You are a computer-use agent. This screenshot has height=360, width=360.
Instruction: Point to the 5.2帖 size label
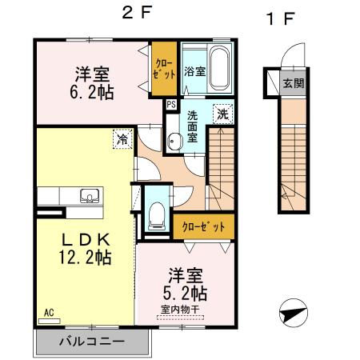coord(186,291)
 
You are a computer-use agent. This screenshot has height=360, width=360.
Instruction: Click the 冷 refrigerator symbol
coord(122,139)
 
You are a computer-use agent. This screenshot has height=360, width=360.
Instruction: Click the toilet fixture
coord(156,213)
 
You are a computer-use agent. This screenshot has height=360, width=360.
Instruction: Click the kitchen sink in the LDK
coord(88,195)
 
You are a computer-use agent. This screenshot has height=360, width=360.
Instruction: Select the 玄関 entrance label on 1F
coord(292,83)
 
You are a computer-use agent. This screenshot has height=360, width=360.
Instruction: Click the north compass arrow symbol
coord(294,310)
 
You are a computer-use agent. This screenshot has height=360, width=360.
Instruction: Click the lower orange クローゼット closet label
coord(204,227)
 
